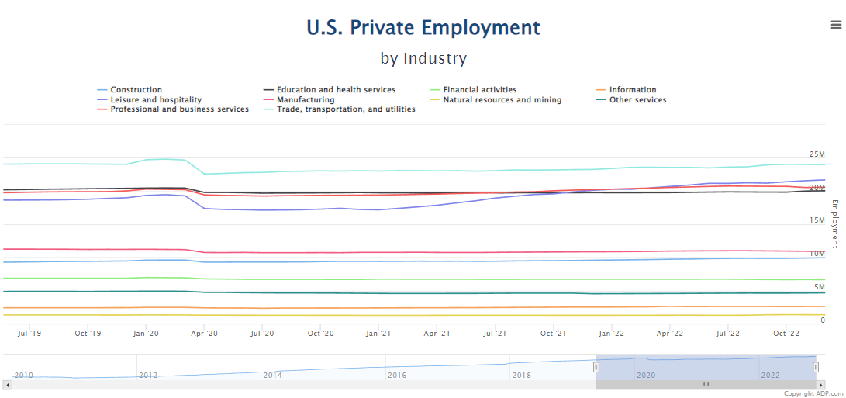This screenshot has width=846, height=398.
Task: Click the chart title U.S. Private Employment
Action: [x=423, y=27]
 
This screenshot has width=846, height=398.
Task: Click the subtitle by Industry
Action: [x=423, y=58]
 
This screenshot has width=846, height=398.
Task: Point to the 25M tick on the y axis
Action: [x=817, y=154]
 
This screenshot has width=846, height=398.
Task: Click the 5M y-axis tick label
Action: [x=820, y=287]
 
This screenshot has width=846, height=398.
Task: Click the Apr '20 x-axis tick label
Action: [x=204, y=333]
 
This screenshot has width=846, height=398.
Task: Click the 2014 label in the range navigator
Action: [x=272, y=375]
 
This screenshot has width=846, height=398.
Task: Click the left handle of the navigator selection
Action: [x=596, y=367]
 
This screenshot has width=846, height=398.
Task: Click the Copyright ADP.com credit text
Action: [x=813, y=393]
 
